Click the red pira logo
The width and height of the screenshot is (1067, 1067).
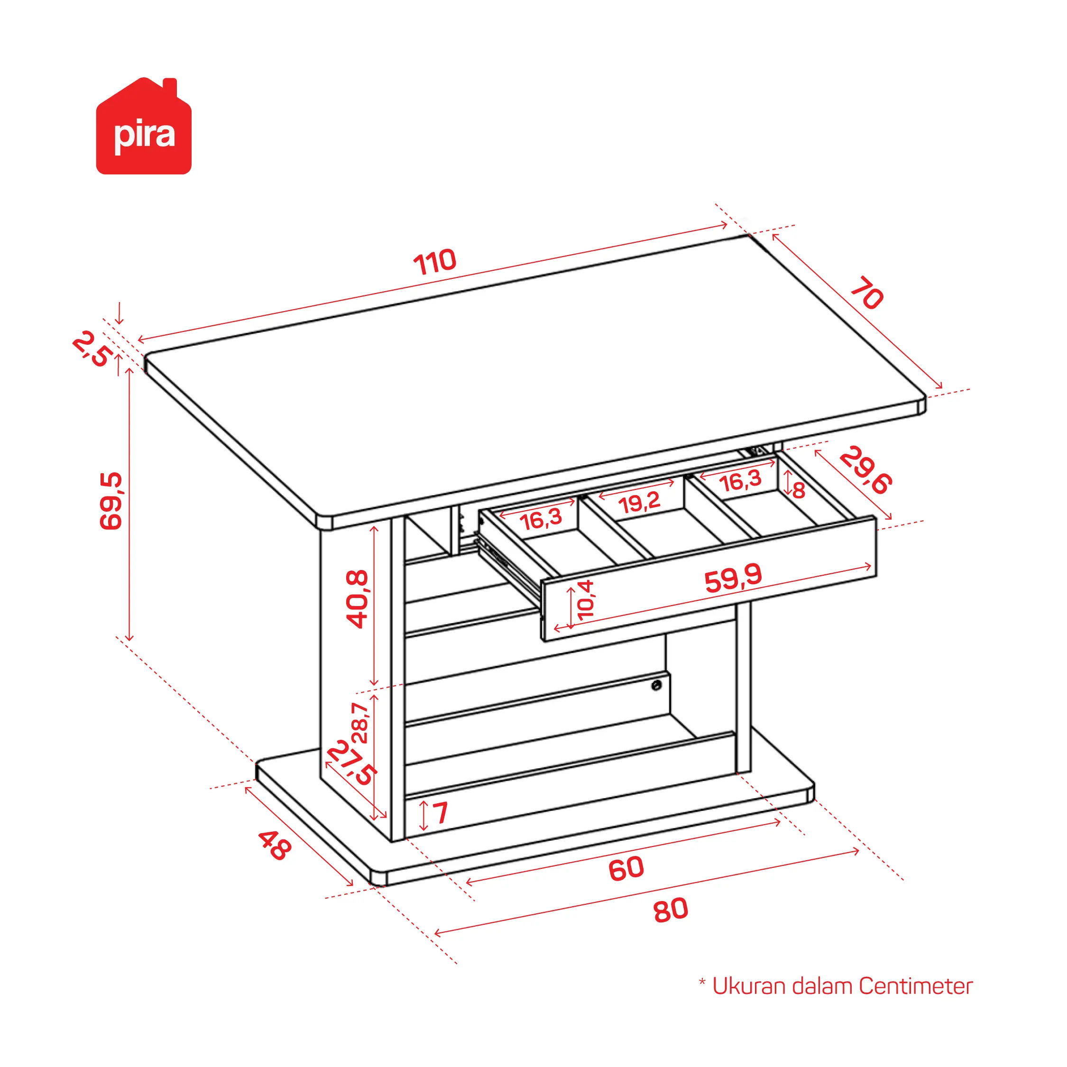(x=144, y=126)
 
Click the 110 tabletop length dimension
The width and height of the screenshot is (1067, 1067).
(x=435, y=262)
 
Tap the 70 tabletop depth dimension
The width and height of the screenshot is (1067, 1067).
(x=866, y=293)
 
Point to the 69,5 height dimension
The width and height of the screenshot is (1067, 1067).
(x=110, y=501)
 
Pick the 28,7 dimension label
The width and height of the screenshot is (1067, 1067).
(x=359, y=723)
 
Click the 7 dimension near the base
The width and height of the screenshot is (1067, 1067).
(x=440, y=813)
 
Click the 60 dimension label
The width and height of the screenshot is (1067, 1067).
(x=626, y=868)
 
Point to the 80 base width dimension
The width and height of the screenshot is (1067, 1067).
(x=671, y=910)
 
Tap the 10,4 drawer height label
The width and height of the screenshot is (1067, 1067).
(x=585, y=599)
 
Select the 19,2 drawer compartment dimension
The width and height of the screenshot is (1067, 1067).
(x=639, y=503)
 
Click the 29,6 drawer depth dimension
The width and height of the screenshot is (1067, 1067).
(x=865, y=470)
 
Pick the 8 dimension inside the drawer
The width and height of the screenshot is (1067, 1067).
(x=799, y=490)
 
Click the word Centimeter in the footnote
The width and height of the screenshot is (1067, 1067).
(x=915, y=986)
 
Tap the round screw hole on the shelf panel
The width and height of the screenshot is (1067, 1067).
(x=657, y=685)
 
